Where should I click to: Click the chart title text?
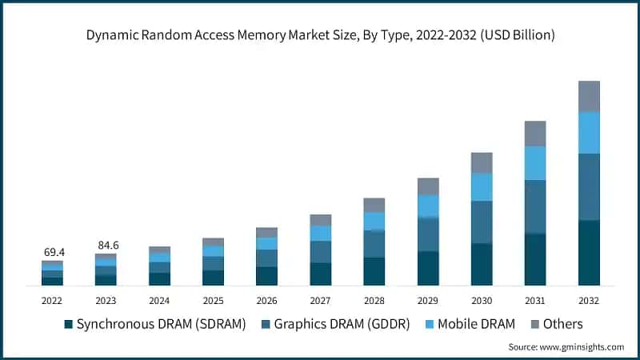[x=320, y=35]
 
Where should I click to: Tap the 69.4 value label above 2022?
[x=52, y=252]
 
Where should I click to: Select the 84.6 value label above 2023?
[x=106, y=245]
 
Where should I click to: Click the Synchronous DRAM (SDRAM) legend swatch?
[x=69, y=324]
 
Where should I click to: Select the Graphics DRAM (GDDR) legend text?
[x=342, y=324]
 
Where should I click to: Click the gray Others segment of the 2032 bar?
[x=589, y=96]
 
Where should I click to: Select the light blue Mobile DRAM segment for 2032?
[x=589, y=132]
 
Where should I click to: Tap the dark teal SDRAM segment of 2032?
[x=589, y=253]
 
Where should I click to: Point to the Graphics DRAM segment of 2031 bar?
[x=535, y=206]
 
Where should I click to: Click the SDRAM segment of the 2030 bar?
[x=482, y=264]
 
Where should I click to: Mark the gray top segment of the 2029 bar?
[x=428, y=186]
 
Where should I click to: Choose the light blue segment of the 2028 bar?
[x=374, y=221]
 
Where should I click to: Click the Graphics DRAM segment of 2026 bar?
[x=266, y=258]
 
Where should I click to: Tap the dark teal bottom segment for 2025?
[x=213, y=278]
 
